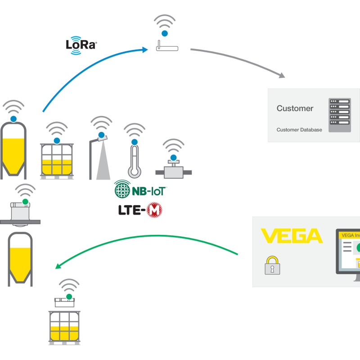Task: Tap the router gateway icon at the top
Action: [166, 46]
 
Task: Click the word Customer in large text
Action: [295, 108]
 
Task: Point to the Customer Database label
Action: [299, 130]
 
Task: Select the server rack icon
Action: [339, 115]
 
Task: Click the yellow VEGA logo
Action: [292, 236]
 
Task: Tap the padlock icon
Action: [272, 265]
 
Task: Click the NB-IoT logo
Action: [140, 190]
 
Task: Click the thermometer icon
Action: [134, 160]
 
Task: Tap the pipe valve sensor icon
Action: [173, 170]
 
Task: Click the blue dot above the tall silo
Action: [14, 119]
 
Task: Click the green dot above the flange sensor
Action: [26, 201]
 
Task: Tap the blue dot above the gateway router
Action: [165, 33]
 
